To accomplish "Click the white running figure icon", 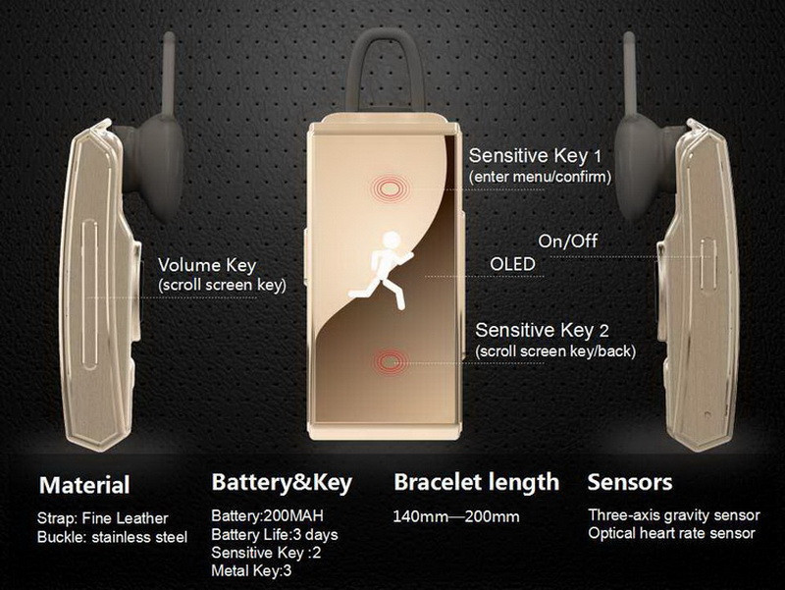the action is [x=382, y=271].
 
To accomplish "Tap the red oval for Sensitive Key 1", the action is [x=390, y=189].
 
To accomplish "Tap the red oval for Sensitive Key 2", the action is [x=391, y=361].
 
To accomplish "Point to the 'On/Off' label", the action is [x=568, y=241].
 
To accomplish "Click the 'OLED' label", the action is [x=512, y=264].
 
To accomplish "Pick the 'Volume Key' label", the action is [x=207, y=265].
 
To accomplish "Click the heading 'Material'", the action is [x=84, y=485].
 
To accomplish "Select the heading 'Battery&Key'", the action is [x=282, y=482].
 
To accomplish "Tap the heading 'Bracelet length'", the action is [x=477, y=482].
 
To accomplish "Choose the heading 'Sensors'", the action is [x=630, y=482].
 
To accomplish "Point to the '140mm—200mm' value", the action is [x=456, y=516].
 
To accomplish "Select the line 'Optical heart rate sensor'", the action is [x=671, y=533].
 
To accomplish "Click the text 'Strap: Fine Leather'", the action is [x=103, y=518].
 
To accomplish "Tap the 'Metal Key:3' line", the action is [x=251, y=570].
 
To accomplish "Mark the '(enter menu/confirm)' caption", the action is [x=541, y=177].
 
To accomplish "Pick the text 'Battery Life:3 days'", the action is [x=275, y=534].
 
